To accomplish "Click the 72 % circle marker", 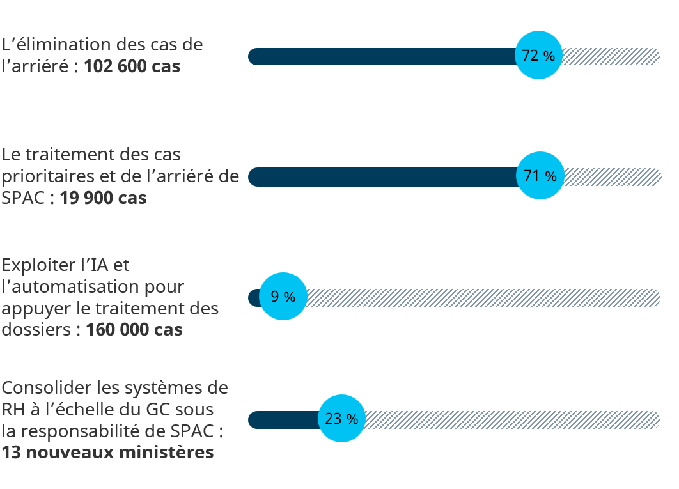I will [x=539, y=56].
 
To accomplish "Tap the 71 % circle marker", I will [x=540, y=176].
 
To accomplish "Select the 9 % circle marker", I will [x=283, y=297].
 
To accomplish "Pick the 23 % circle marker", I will [x=342, y=419].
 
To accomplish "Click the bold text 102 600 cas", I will [x=132, y=66].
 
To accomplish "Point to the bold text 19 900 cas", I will [x=103, y=198].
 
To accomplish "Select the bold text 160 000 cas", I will [x=134, y=330].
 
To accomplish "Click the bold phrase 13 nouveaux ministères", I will [x=107, y=453].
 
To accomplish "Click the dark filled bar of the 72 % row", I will [x=384, y=56].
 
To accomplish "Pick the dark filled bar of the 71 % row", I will [x=384, y=176].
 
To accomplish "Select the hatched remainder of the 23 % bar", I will [x=511, y=420].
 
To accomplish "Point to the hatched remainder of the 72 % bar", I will [x=611, y=56].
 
